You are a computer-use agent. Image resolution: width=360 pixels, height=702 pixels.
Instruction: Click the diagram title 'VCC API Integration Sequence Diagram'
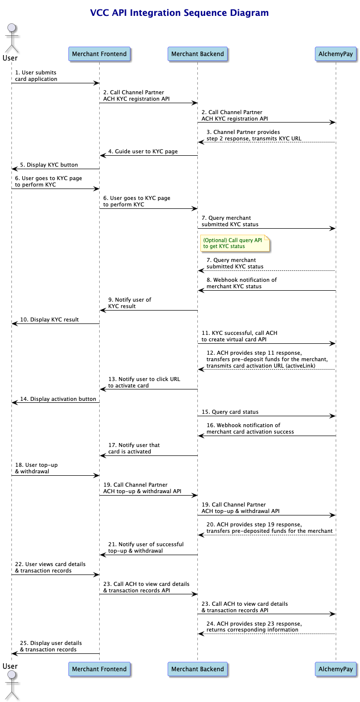point(179,13)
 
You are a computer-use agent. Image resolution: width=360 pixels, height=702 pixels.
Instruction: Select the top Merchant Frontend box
point(99,54)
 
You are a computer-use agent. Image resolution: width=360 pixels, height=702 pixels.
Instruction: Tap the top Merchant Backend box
point(197,54)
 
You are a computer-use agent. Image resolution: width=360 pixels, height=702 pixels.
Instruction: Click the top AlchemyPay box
point(336,54)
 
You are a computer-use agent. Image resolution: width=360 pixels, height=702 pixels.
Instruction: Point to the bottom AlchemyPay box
point(336,669)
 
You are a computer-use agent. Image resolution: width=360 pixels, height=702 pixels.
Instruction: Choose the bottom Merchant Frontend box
point(99,669)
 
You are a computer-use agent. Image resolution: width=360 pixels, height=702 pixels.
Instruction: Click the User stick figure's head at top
point(12,28)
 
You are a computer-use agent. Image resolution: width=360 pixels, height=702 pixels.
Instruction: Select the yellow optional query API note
point(235,243)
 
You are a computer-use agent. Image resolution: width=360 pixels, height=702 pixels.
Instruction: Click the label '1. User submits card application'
point(36,76)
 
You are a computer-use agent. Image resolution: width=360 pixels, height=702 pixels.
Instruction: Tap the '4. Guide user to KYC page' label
point(143,151)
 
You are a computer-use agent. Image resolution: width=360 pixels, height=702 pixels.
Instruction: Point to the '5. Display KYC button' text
point(49,165)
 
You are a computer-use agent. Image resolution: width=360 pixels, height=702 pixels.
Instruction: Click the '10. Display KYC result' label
point(49,319)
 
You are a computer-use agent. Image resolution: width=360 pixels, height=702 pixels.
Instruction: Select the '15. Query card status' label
point(230,412)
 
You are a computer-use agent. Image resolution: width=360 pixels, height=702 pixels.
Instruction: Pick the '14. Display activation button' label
point(58,399)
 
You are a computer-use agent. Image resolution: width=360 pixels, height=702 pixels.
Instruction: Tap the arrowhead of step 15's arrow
point(333,416)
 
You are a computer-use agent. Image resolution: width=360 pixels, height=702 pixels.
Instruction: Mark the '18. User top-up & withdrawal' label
point(36,468)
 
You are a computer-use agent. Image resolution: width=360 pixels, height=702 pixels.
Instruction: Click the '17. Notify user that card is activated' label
point(134,448)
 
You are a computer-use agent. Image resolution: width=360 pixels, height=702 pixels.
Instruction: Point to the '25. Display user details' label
point(51,643)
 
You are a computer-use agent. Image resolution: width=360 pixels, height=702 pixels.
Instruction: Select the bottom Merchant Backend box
point(197,669)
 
